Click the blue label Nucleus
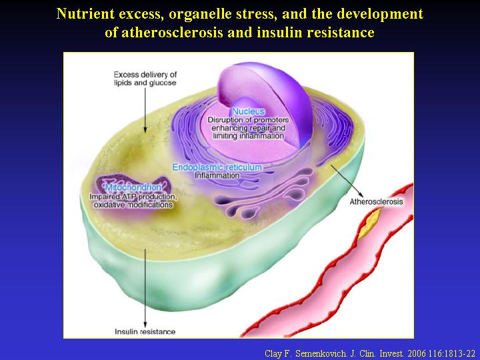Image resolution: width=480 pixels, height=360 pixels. tap(248, 111)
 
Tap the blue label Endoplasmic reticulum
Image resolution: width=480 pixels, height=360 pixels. tap(217, 167)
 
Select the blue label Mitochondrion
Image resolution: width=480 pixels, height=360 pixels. tap(133, 187)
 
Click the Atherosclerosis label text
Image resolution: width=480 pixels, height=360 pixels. tap(376, 202)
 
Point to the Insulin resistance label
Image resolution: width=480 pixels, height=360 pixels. tap(145, 331)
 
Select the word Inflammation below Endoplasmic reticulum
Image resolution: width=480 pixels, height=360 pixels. tap(217, 175)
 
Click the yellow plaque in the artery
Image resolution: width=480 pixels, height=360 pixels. tap(370, 223)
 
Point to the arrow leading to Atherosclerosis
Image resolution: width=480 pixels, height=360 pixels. tap(347, 181)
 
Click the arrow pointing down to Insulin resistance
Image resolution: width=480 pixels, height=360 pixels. tap(145, 289)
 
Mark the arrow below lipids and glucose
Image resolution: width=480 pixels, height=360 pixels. tap(145, 110)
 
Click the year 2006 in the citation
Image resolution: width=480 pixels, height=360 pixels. tap(417, 353)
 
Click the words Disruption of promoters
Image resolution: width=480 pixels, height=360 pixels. tap(248, 120)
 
